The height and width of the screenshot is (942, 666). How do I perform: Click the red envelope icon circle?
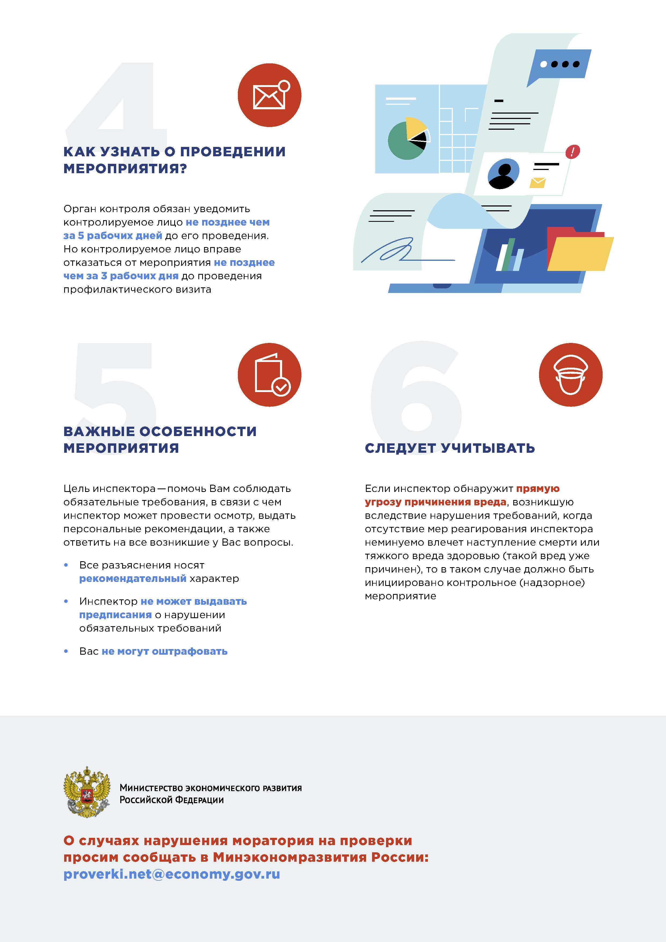pyautogui.click(x=270, y=95)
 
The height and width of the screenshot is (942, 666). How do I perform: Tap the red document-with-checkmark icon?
pyautogui.click(x=270, y=375)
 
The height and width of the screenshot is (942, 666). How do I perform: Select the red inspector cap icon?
pyautogui.click(x=570, y=375)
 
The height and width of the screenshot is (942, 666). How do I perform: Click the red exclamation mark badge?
pyautogui.click(x=573, y=152)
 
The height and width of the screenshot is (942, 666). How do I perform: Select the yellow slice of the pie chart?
pyautogui.click(x=415, y=127)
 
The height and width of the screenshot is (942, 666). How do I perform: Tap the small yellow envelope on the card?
pyautogui.click(x=537, y=183)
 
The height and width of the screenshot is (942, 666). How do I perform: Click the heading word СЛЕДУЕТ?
pyautogui.click(x=400, y=448)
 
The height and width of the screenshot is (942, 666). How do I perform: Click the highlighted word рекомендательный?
pyautogui.click(x=132, y=578)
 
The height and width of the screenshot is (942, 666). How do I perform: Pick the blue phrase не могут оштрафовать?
pyautogui.click(x=165, y=651)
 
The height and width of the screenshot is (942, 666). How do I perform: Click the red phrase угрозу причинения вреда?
pyautogui.click(x=435, y=502)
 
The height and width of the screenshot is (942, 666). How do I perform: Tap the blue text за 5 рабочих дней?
pyautogui.click(x=113, y=235)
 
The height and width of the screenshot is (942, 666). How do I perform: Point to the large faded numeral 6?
pyautogui.click(x=416, y=390)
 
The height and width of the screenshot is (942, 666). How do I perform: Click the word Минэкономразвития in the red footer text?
pyautogui.click(x=289, y=857)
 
